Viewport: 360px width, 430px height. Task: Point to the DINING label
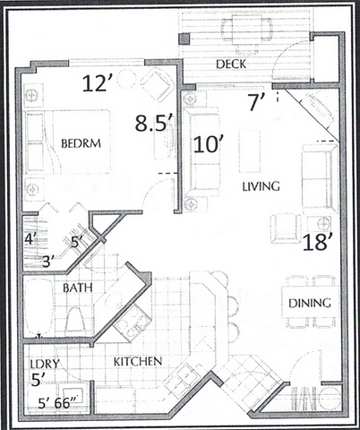tap(310, 303)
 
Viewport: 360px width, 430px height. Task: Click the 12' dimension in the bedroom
tap(96, 85)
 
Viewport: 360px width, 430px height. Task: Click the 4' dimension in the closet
tap(28, 239)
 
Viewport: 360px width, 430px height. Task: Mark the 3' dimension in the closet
tap(47, 261)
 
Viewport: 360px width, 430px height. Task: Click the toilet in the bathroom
tap(75, 319)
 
